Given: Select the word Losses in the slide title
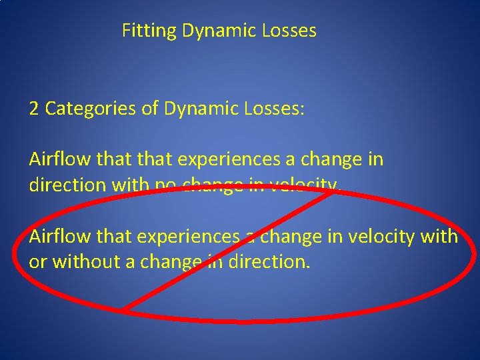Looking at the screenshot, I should tap(291, 31).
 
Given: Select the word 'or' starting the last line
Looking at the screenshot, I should tap(38, 261).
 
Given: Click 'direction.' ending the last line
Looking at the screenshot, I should tap(269, 261).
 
